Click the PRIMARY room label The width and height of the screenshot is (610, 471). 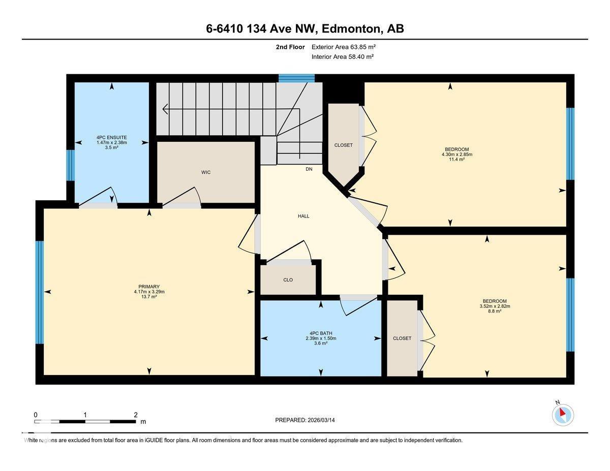point(149,287)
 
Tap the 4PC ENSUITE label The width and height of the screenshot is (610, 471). point(111,137)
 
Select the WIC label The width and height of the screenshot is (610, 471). point(206,172)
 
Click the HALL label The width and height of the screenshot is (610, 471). point(303,216)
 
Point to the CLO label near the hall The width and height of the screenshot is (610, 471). point(288,280)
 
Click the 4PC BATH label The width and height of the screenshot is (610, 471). point(320,333)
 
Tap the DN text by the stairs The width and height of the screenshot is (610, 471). point(309,169)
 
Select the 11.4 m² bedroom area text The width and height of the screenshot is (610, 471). point(457,159)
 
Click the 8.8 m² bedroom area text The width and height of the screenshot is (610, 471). point(495,311)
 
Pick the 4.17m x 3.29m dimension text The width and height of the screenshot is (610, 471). point(149,292)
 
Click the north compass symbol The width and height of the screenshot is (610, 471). point(563,415)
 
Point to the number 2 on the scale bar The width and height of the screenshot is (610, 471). point(136,415)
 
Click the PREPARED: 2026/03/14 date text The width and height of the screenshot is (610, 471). point(306,420)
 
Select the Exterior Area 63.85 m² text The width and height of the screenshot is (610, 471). point(343,47)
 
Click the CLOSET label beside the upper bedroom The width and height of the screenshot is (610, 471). point(343,145)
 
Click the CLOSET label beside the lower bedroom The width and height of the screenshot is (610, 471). point(402,338)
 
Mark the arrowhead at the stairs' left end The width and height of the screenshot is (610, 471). point(165,108)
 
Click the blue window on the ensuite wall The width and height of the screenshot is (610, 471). point(71,165)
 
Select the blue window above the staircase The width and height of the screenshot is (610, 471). point(296,78)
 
